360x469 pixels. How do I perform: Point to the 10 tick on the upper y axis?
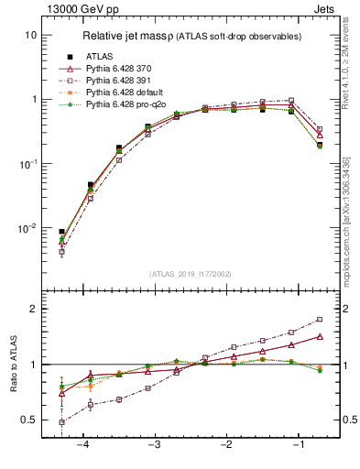pyautogui.click(x=31, y=35)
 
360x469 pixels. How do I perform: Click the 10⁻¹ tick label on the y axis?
pyautogui.click(x=28, y=163)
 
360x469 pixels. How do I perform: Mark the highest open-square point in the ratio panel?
pyautogui.click(x=320, y=320)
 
